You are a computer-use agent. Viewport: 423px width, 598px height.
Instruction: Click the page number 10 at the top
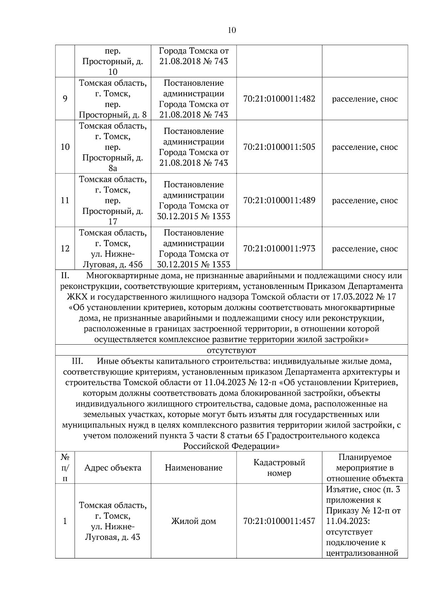point(232,30)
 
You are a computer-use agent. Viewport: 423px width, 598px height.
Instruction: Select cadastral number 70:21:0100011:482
point(279,99)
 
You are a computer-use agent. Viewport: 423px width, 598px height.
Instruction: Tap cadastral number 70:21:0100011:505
point(279,147)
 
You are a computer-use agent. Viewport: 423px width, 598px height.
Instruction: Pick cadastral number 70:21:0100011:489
point(279,201)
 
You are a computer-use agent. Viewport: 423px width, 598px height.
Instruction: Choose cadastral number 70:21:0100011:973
point(279,249)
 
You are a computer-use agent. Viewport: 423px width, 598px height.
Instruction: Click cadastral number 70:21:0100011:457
point(279,521)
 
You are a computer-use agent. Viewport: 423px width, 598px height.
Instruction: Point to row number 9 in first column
point(65,99)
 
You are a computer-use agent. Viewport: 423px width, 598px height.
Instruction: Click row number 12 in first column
point(65,249)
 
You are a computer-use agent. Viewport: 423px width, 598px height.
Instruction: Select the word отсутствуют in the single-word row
point(232,350)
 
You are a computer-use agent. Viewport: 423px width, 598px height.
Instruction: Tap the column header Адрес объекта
point(113,468)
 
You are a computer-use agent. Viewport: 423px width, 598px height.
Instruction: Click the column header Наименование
point(194,468)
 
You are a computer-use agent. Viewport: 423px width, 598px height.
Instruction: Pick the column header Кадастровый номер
point(279,468)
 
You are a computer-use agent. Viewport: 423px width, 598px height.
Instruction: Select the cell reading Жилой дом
point(194,521)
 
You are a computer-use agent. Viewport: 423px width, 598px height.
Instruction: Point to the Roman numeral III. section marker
point(78,361)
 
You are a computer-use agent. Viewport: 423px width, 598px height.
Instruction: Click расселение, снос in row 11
point(365,201)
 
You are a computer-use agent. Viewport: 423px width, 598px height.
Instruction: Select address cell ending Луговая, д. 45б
point(113,249)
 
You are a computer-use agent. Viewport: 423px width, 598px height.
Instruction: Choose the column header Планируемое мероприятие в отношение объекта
point(365,468)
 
